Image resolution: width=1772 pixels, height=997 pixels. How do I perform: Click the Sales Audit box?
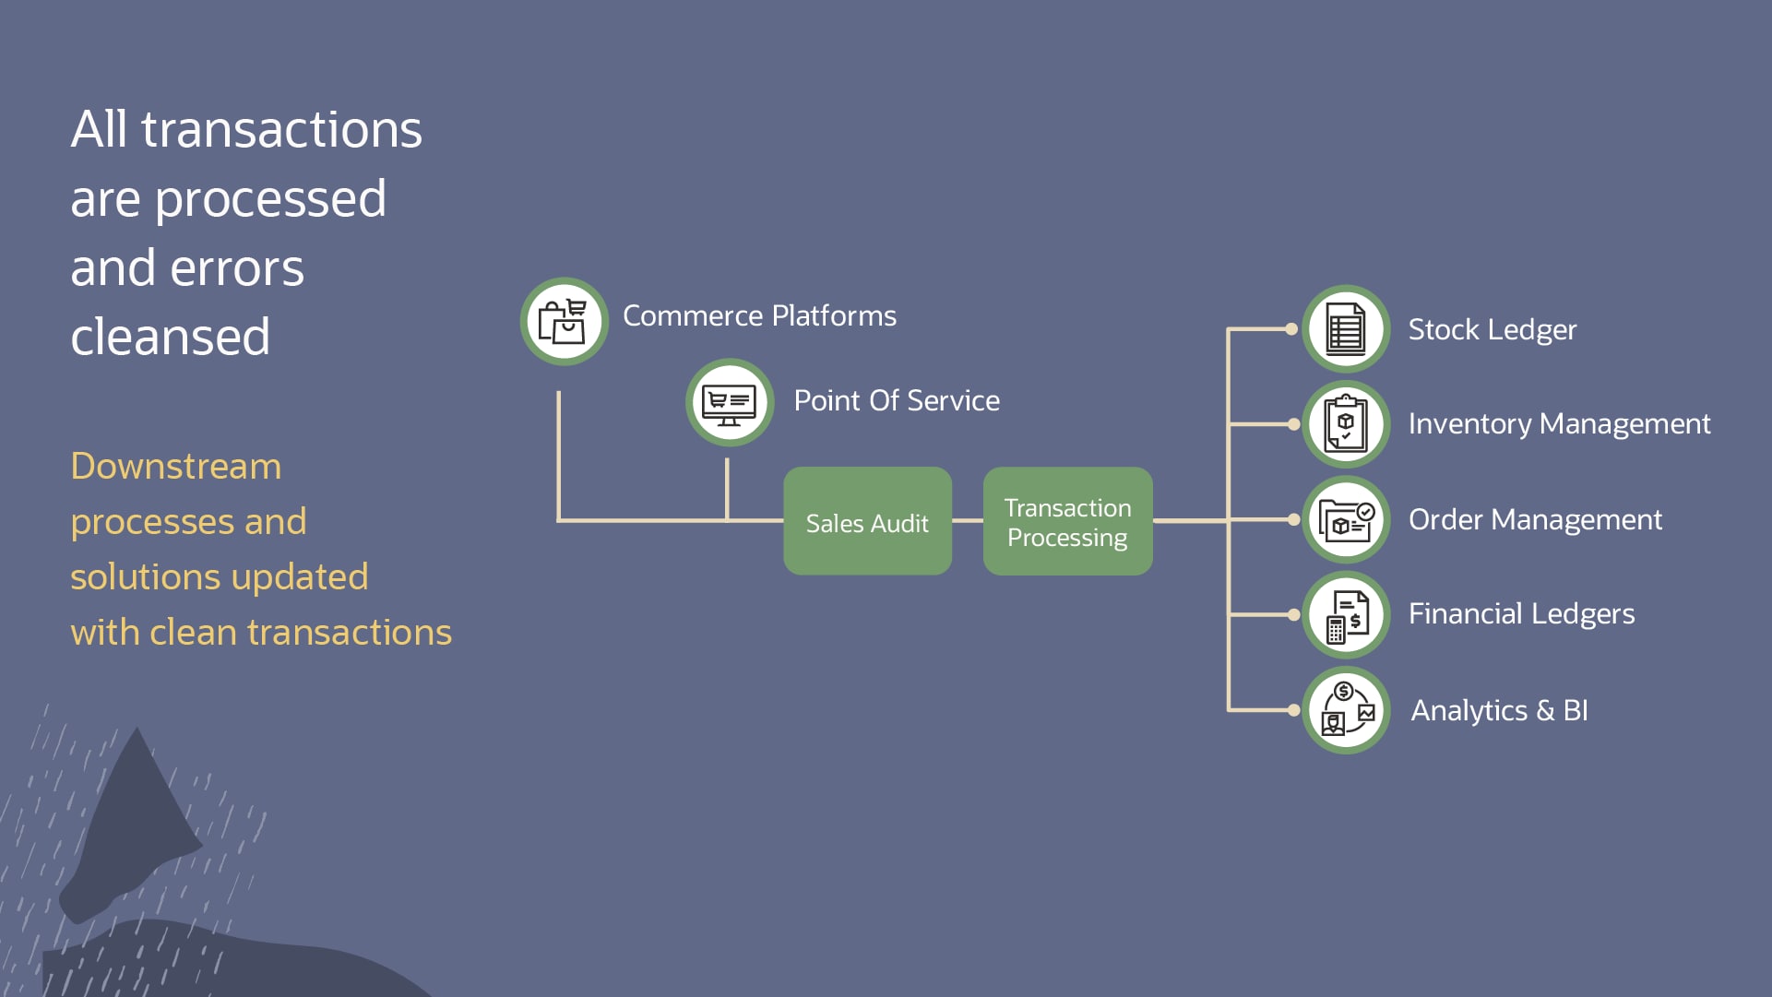[867, 521]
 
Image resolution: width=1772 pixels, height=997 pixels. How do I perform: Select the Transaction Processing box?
[1067, 521]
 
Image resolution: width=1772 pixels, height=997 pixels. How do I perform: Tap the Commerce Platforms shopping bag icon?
[564, 321]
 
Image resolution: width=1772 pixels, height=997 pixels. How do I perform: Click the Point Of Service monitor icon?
[730, 402]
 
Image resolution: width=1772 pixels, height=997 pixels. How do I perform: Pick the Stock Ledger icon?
[1346, 329]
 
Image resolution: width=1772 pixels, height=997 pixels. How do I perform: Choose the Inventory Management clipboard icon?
[1346, 424]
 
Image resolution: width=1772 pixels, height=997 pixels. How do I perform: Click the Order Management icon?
[1346, 520]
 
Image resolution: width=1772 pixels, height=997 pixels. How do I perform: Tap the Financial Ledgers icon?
[1346, 615]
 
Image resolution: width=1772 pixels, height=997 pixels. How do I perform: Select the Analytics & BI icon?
[1346, 710]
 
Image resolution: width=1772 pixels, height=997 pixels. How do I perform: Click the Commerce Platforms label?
[759, 315]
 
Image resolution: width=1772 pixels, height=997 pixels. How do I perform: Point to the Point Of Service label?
[897, 400]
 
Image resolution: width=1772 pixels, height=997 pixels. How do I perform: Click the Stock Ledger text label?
[1492, 329]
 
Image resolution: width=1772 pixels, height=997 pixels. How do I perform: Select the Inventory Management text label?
[1559, 423]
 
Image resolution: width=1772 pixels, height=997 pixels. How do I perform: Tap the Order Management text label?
[1535, 519]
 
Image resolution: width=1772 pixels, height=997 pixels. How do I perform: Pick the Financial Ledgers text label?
[1521, 613]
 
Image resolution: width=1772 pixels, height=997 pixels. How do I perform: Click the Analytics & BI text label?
[1499, 710]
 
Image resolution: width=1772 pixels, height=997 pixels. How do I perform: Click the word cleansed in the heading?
[171, 337]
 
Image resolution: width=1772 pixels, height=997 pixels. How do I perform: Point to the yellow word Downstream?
[175, 466]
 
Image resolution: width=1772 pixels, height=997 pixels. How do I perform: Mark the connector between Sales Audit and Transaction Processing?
[968, 521]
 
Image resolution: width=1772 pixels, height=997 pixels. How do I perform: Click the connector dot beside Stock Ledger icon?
[1291, 329]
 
